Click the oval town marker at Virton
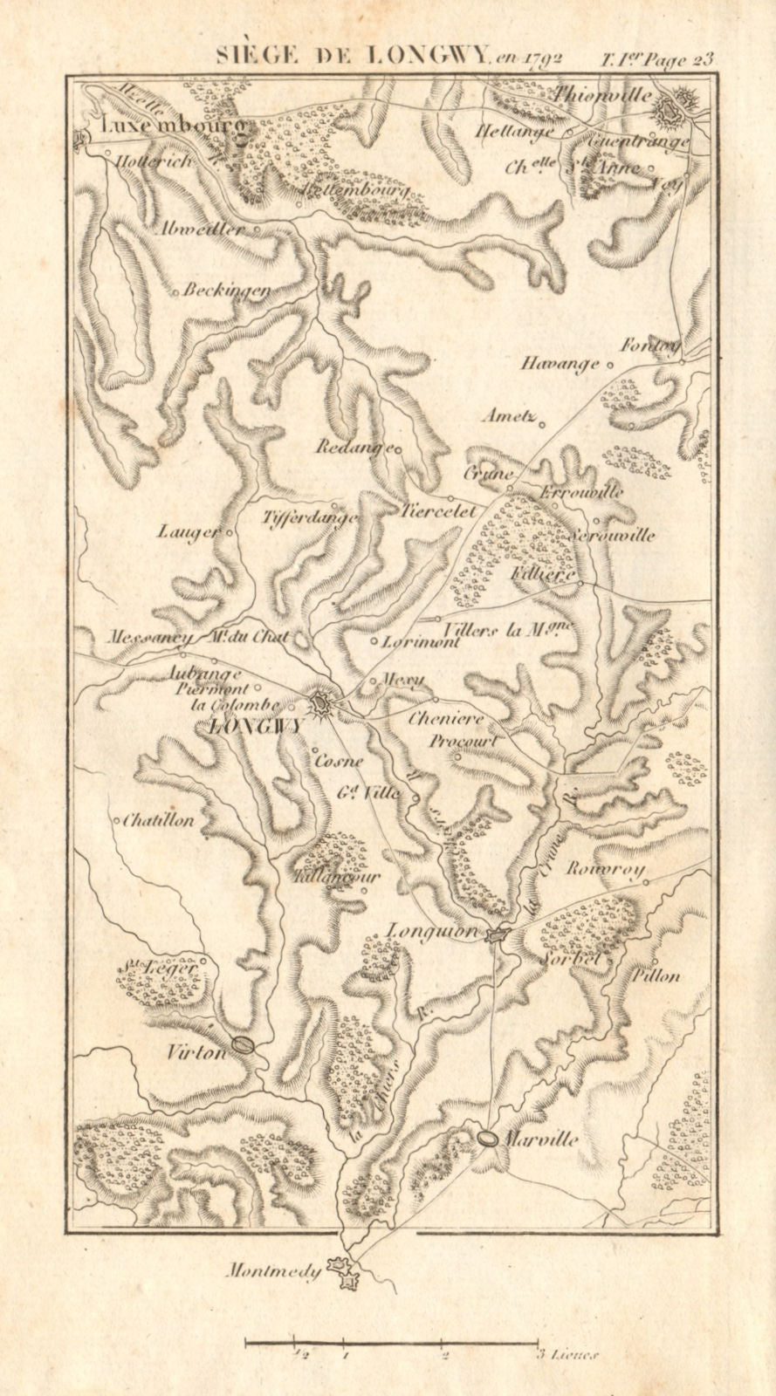pyautogui.click(x=244, y=1044)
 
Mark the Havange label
pyautogui.click(x=562, y=362)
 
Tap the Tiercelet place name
pyautogui.click(x=440, y=512)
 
